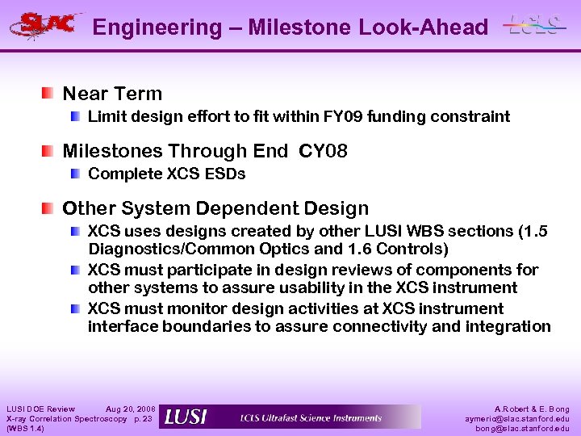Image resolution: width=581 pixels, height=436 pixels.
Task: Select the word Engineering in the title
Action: click(x=157, y=27)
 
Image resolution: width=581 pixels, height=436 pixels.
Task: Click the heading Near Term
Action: click(x=112, y=94)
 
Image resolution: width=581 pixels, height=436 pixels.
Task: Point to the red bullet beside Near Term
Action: click(x=50, y=93)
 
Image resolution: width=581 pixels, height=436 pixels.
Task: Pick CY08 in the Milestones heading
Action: click(x=323, y=151)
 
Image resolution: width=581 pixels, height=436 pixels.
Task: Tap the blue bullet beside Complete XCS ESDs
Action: click(x=75, y=174)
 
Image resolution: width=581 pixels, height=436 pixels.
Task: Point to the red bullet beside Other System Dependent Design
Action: click(x=50, y=208)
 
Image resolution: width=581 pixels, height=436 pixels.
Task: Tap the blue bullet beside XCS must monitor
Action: click(x=75, y=308)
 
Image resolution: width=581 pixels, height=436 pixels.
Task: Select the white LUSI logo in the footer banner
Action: click(x=185, y=417)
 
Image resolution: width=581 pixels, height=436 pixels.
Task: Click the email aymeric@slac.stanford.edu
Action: click(x=516, y=418)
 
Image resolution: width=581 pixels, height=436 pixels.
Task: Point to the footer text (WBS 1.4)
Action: click(x=25, y=428)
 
